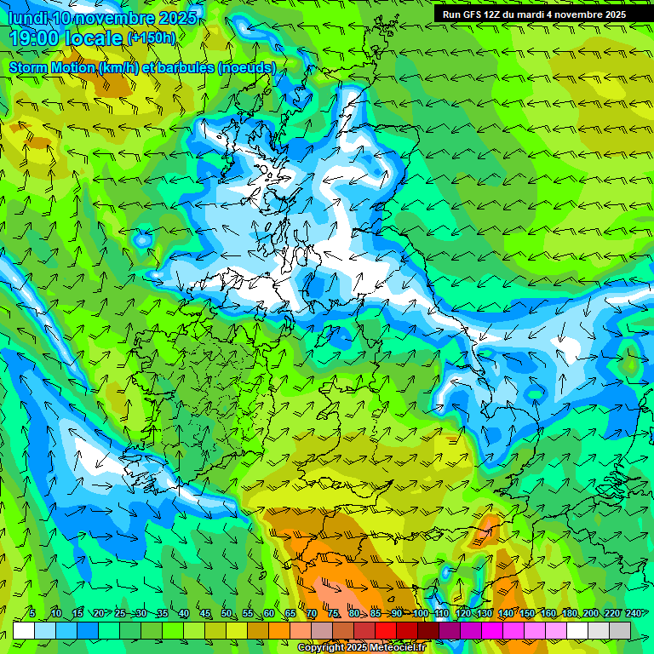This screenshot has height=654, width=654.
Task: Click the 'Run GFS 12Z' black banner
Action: tap(534, 14)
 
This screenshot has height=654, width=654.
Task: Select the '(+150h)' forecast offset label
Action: tap(151, 37)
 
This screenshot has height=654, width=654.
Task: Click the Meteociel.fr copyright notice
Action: tap(361, 647)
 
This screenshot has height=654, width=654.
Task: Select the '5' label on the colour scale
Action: tap(32, 613)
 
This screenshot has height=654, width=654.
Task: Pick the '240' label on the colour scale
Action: tap(633, 613)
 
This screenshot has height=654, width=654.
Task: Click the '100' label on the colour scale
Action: tap(420, 613)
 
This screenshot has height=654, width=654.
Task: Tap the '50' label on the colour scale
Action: tap(226, 613)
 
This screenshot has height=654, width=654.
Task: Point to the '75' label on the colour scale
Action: tap(333, 613)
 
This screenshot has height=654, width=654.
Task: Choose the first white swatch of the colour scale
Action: tap(24, 630)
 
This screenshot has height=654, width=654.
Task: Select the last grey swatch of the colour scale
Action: tap(620, 630)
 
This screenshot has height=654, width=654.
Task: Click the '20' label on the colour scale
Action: tap(98, 613)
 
